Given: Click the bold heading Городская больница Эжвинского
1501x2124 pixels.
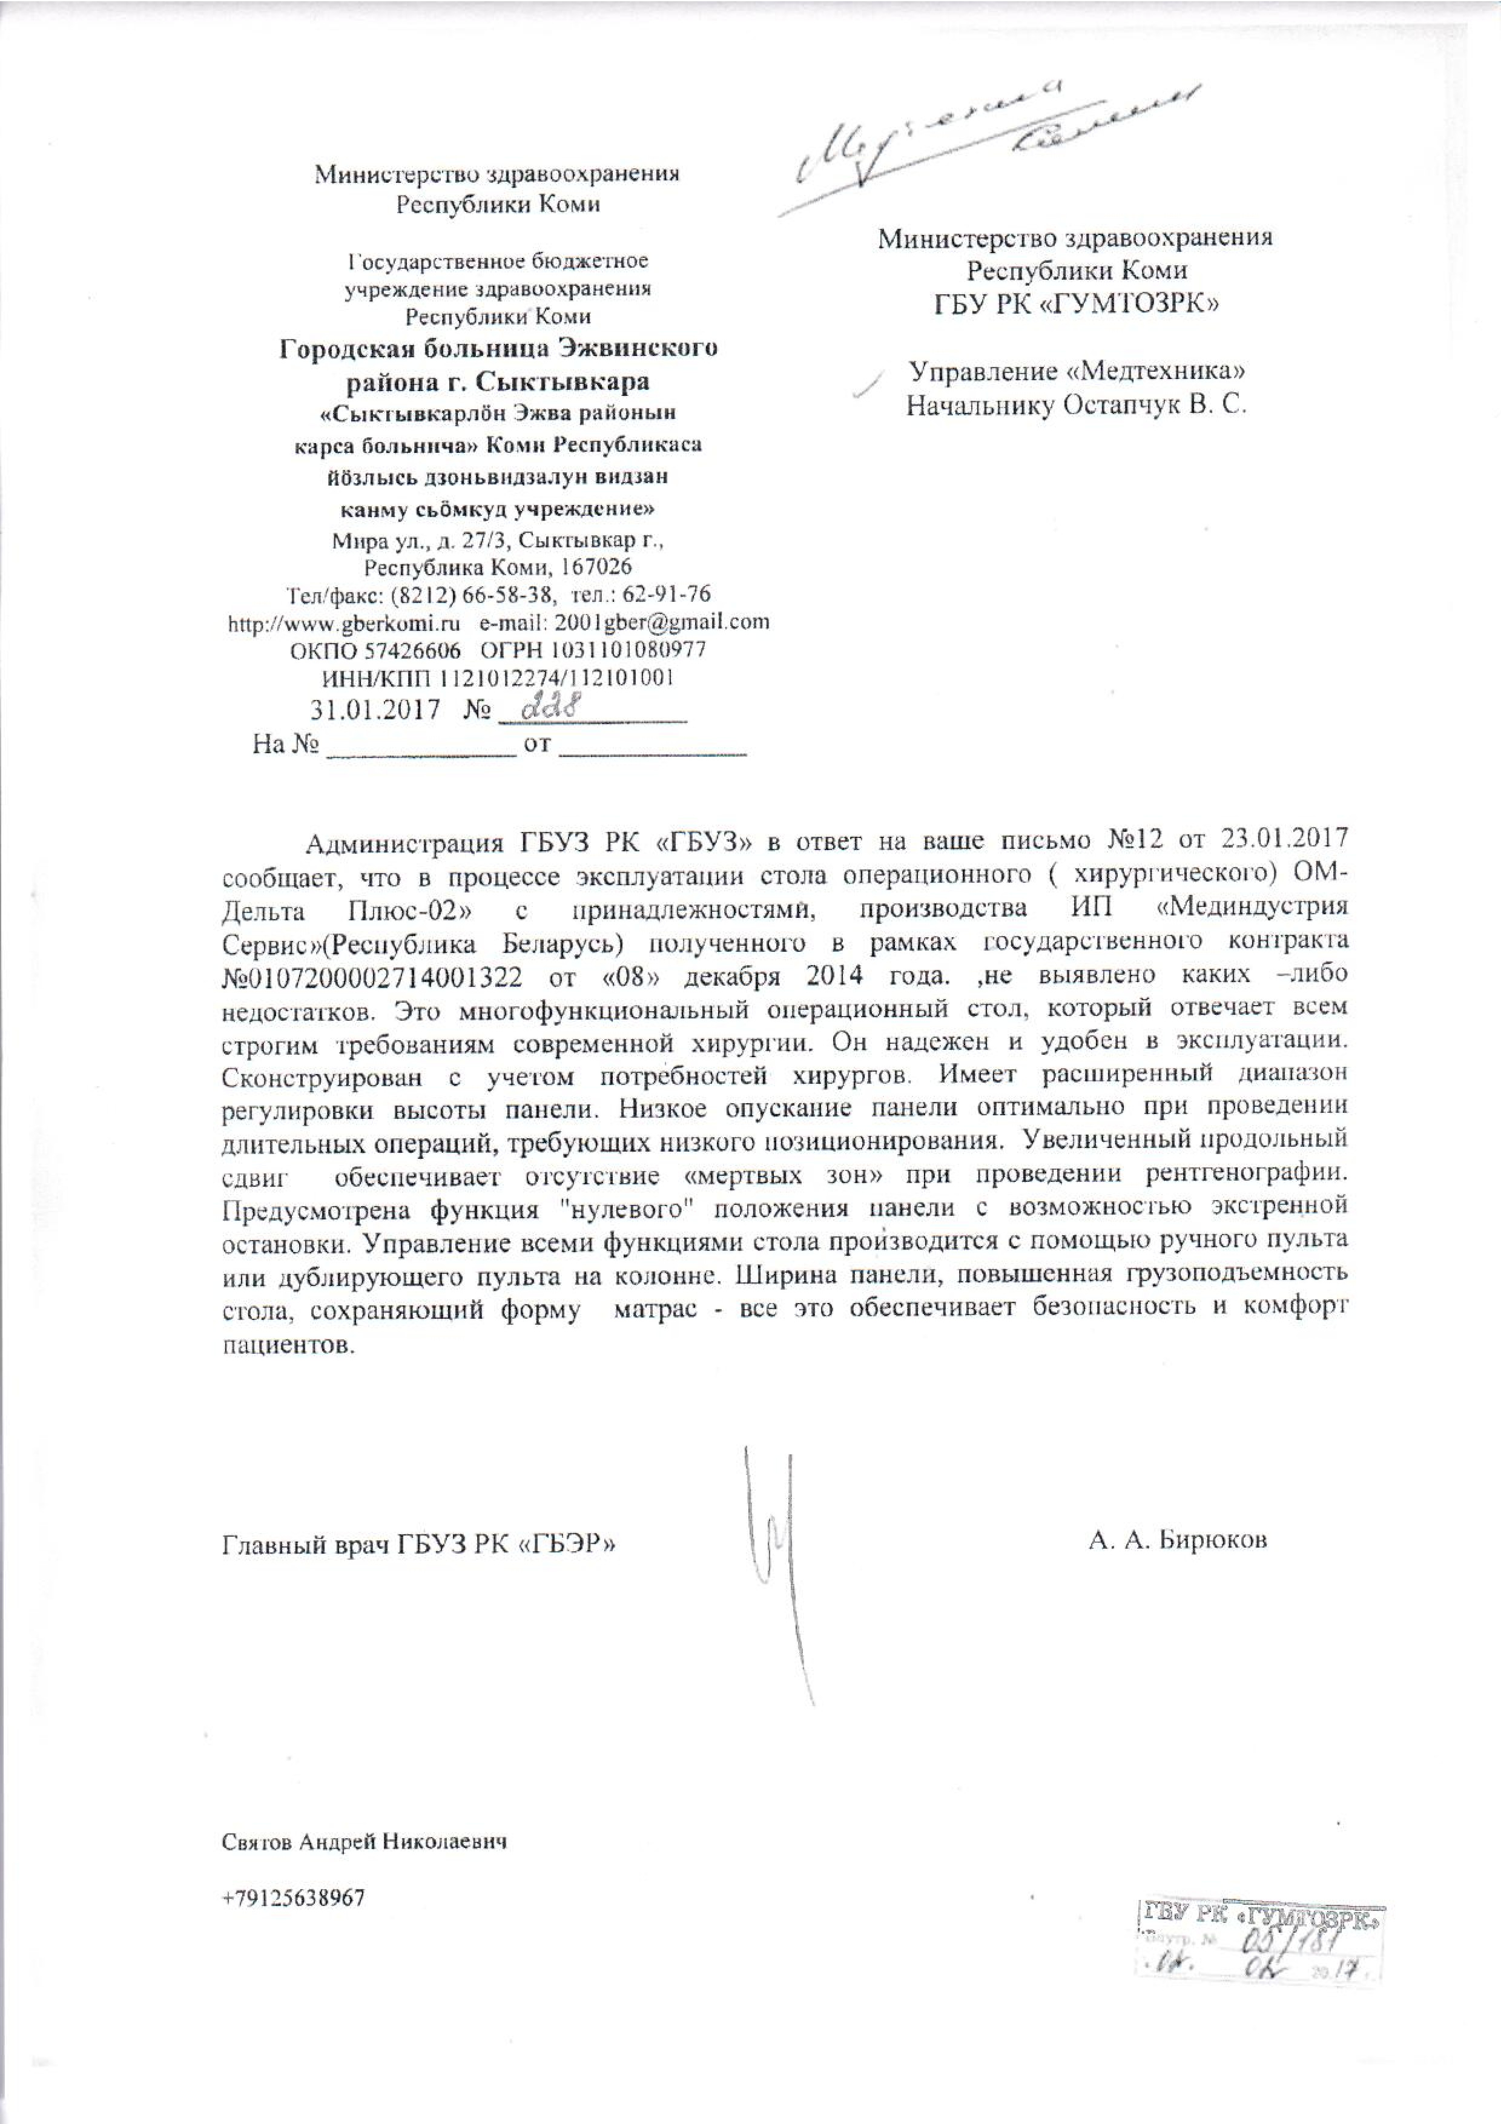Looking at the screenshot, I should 500,349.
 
